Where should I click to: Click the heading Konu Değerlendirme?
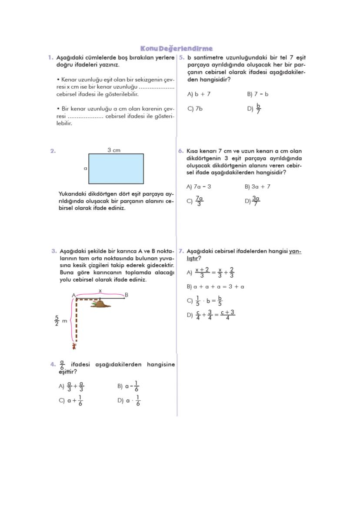click(x=177, y=48)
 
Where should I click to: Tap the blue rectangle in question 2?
click(x=116, y=169)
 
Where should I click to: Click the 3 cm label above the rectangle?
click(x=114, y=150)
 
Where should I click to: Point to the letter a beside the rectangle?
click(x=85, y=168)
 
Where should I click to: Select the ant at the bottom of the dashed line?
click(x=74, y=346)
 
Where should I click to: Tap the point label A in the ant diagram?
click(x=73, y=295)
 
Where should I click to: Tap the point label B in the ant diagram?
click(x=127, y=295)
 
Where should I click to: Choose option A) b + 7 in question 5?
click(x=199, y=94)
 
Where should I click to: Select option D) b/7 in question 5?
click(x=254, y=109)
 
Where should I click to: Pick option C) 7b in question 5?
click(x=195, y=109)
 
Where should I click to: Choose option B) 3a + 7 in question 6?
click(x=257, y=186)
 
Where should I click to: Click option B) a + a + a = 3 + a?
click(x=215, y=287)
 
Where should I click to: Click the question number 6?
click(x=181, y=151)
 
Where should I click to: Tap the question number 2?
click(x=53, y=151)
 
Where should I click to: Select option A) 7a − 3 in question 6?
click(x=199, y=186)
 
